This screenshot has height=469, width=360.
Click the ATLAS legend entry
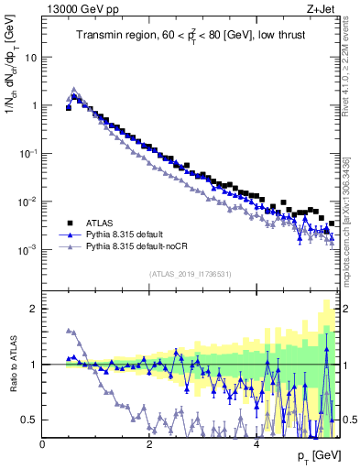point(100,223)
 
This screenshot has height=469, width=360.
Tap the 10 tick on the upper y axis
point(30,57)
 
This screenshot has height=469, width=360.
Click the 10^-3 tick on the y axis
point(27,249)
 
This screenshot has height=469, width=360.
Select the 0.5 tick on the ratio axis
point(29,420)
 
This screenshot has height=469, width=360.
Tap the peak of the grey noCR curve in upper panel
point(74,90)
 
